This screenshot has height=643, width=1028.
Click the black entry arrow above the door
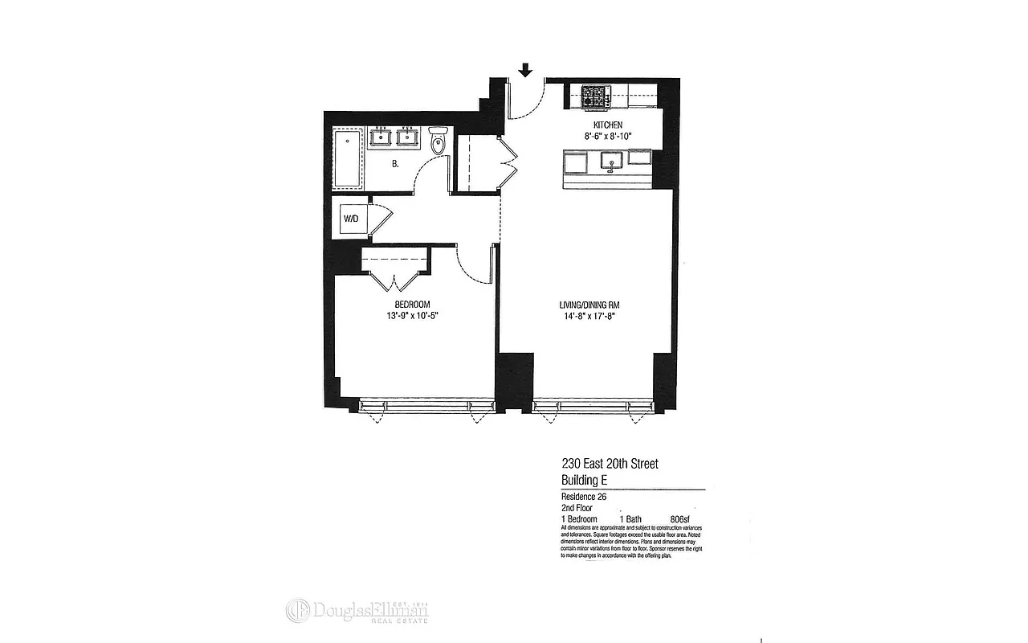tap(525, 71)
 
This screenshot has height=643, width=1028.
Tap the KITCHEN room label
tap(608, 125)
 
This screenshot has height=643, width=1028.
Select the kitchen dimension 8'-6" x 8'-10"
tap(608, 136)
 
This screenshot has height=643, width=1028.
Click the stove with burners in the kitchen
tap(596, 96)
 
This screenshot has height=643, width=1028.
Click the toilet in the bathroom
tap(438, 141)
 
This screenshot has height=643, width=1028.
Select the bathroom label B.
tap(395, 164)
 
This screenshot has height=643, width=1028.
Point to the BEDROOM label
tap(412, 304)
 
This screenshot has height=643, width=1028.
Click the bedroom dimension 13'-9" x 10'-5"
tap(412, 315)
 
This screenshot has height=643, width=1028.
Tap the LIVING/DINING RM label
tap(589, 305)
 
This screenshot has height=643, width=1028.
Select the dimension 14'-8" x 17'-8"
tap(589, 317)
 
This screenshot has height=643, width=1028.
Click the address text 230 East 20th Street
tap(610, 464)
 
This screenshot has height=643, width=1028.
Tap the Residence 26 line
tap(583, 498)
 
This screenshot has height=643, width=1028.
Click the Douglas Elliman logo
tap(358, 611)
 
